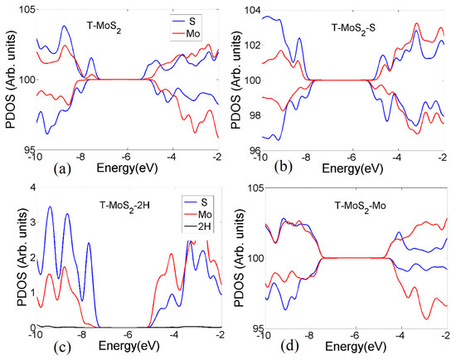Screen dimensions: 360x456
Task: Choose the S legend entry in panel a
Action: coord(201,18)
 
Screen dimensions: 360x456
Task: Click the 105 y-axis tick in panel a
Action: coord(23,9)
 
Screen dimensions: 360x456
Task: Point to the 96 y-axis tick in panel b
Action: coord(252,151)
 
